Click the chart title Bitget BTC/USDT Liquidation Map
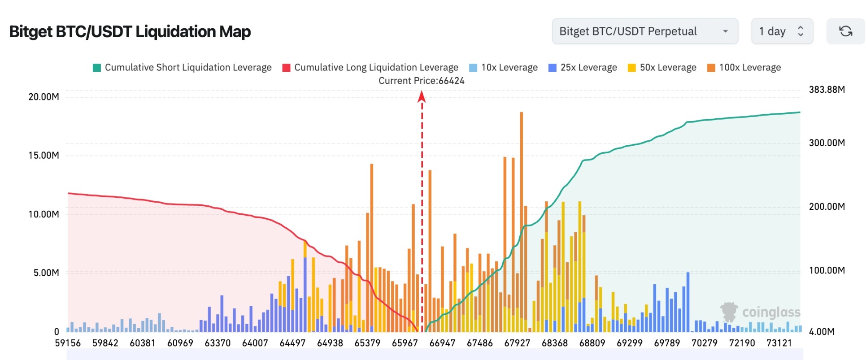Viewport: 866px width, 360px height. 130,32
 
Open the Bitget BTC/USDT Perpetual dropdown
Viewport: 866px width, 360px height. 644,31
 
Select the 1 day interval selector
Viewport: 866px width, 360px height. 782,31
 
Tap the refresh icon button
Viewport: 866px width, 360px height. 845,31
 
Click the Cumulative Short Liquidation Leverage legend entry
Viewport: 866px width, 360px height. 182,68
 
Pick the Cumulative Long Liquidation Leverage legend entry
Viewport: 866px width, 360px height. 370,68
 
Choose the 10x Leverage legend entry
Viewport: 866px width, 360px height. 503,68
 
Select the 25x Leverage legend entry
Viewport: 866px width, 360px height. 583,68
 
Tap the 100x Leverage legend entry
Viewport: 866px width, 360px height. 744,68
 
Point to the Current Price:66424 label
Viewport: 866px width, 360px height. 422,81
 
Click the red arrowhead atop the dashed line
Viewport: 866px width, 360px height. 422,96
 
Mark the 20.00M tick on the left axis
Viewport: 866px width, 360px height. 44,97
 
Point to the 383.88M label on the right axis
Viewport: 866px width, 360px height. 827,90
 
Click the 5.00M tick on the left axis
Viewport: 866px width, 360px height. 46,273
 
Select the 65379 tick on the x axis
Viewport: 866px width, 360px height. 367,343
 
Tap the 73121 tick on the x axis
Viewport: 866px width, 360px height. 779,343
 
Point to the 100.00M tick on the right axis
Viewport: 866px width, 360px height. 827,270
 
